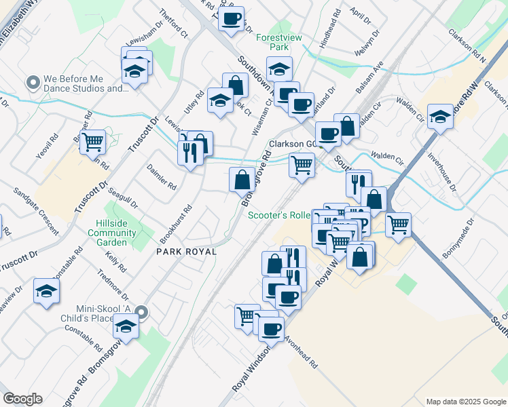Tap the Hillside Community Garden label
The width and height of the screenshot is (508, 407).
point(111,233)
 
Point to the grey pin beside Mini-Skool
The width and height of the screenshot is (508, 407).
point(141,313)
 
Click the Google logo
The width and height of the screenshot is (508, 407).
point(22,399)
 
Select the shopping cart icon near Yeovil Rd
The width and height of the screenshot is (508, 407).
point(92,143)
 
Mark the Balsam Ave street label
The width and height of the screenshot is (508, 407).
point(369,79)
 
